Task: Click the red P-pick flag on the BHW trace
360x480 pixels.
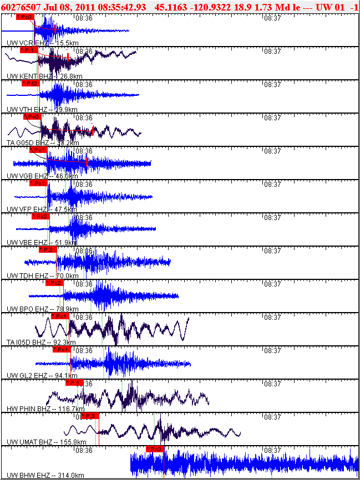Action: click(155, 449)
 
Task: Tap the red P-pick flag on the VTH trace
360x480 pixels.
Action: click(31, 83)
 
